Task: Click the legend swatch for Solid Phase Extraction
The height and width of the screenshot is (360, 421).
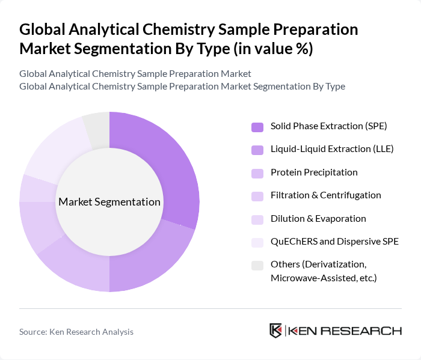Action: (x=257, y=127)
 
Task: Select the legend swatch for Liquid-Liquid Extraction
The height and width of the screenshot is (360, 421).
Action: (x=257, y=150)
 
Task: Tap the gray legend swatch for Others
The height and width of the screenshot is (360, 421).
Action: (x=257, y=265)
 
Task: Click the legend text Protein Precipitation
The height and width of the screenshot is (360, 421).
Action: (x=314, y=172)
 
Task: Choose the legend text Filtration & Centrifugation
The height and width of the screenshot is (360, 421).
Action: (x=325, y=195)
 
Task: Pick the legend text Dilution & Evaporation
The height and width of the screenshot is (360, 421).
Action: (x=318, y=219)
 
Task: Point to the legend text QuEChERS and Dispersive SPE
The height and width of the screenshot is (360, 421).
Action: (x=334, y=242)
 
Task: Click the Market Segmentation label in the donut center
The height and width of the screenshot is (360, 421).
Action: (x=109, y=202)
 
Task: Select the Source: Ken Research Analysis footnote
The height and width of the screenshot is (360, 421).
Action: (x=76, y=332)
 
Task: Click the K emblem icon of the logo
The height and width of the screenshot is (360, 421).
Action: (x=276, y=331)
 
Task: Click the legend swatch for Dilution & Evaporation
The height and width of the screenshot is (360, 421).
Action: (x=257, y=219)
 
